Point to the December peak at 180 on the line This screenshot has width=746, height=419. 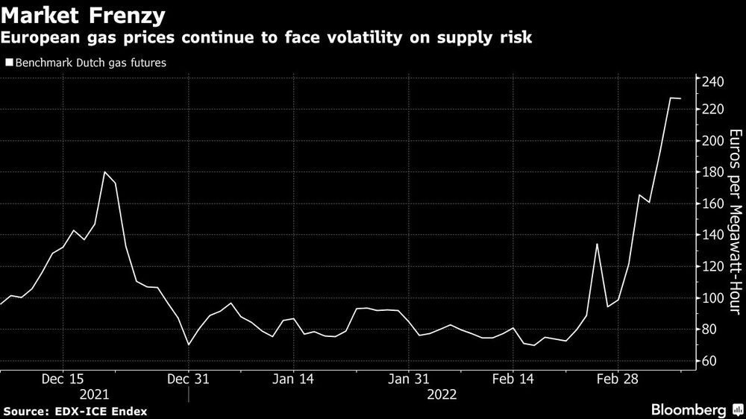click(x=104, y=172)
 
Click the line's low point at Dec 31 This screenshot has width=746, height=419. click(x=189, y=344)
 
